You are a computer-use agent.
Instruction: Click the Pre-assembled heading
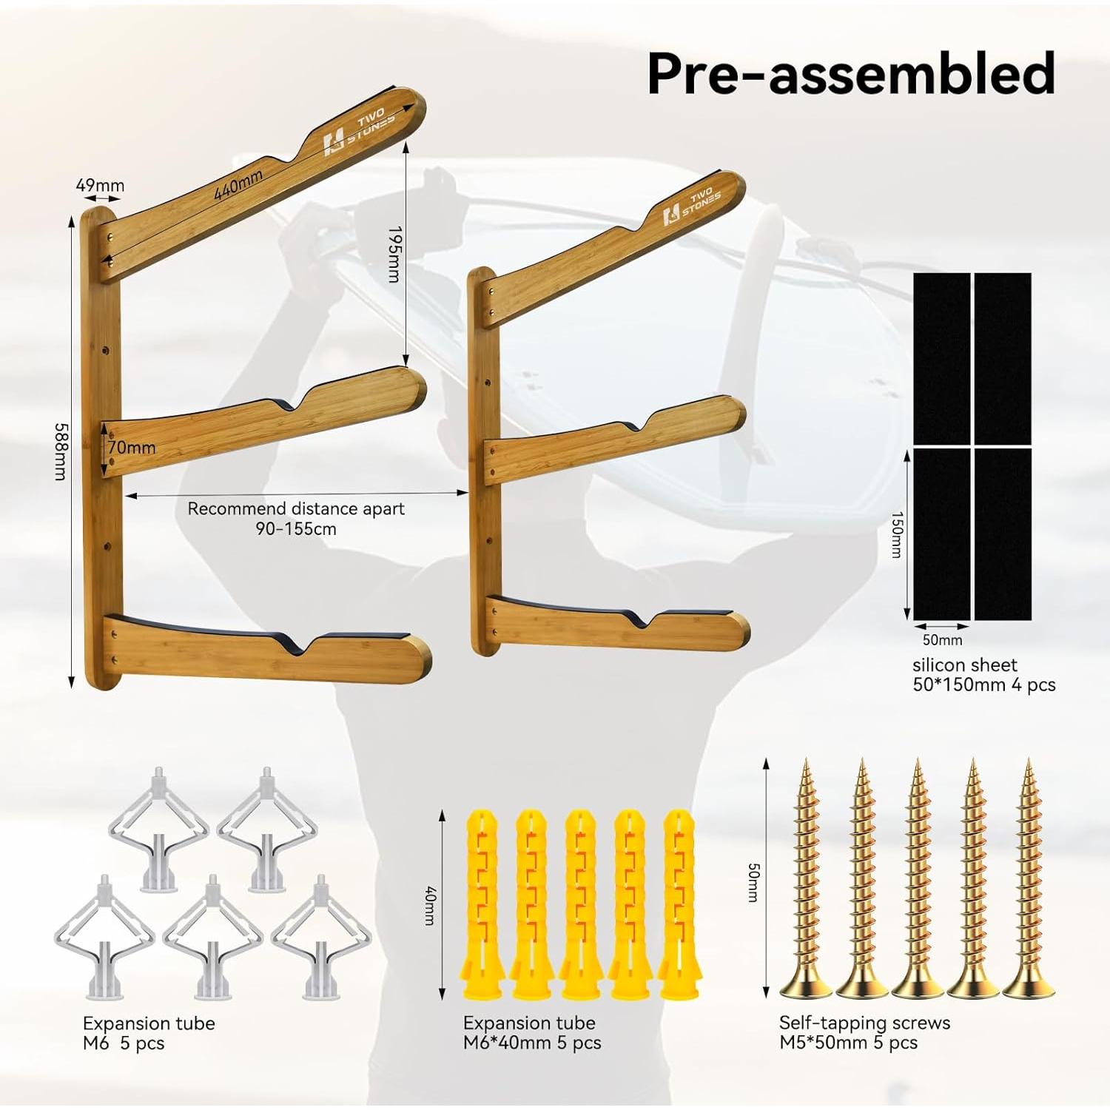click(x=851, y=73)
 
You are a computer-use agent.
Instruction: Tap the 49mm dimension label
click(x=100, y=185)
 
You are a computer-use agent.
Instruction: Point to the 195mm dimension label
click(x=394, y=254)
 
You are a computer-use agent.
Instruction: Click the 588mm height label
click(x=61, y=451)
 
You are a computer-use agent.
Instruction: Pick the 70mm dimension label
click(x=132, y=448)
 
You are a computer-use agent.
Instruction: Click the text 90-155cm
click(x=296, y=529)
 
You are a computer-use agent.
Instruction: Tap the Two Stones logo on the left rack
click(x=360, y=132)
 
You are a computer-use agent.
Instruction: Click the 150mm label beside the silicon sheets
click(x=896, y=534)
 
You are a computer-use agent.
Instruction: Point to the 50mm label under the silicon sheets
click(x=942, y=640)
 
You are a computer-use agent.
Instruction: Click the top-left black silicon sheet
click(x=941, y=358)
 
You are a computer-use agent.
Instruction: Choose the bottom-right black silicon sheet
click(x=1003, y=534)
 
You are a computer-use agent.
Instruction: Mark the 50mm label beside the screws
click(x=753, y=882)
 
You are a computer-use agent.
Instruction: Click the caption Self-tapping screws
click(x=864, y=1023)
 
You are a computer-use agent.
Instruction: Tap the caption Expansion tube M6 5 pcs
click(x=148, y=1033)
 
